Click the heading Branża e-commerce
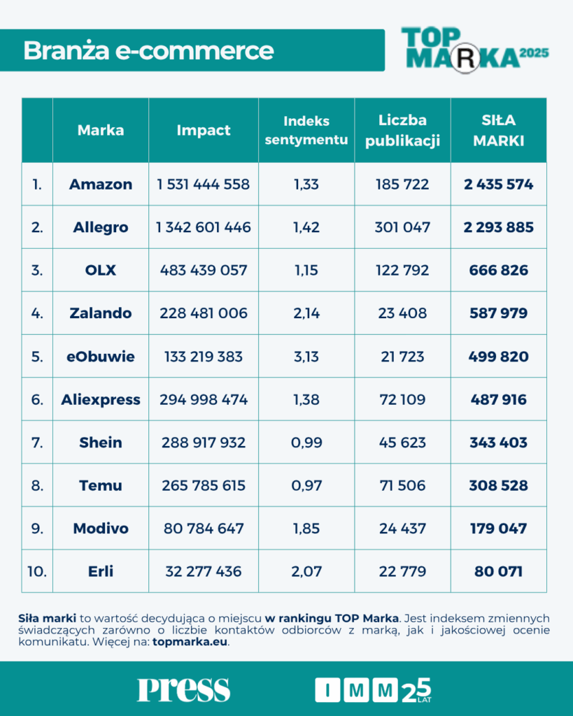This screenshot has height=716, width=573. pos(148,50)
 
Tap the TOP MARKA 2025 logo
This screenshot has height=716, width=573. pos(474,49)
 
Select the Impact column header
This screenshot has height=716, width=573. pos(204,130)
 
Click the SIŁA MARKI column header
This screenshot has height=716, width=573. pos(498,130)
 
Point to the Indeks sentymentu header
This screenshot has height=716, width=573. pos(306,130)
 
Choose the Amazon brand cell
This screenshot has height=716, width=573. pos(101,185)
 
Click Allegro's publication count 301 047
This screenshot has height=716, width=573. pos(402,227)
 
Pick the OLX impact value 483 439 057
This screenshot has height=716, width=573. pos(204,271)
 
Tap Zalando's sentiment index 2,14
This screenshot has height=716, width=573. pos(306,313)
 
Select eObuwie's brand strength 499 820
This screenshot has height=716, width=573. pos(498,357)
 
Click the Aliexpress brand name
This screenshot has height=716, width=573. pos(101,400)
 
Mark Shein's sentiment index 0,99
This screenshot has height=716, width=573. pos(306,443)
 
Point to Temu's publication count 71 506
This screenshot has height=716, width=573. pos(402,486)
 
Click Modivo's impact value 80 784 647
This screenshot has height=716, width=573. pos(204,529)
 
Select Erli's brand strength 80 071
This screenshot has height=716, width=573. pos(498,571)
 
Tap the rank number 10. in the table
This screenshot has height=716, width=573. pos(37,571)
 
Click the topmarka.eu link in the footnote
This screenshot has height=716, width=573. pos(190,643)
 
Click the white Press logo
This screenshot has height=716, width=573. pos(183,689)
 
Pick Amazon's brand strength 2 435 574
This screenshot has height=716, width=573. pos(498,185)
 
